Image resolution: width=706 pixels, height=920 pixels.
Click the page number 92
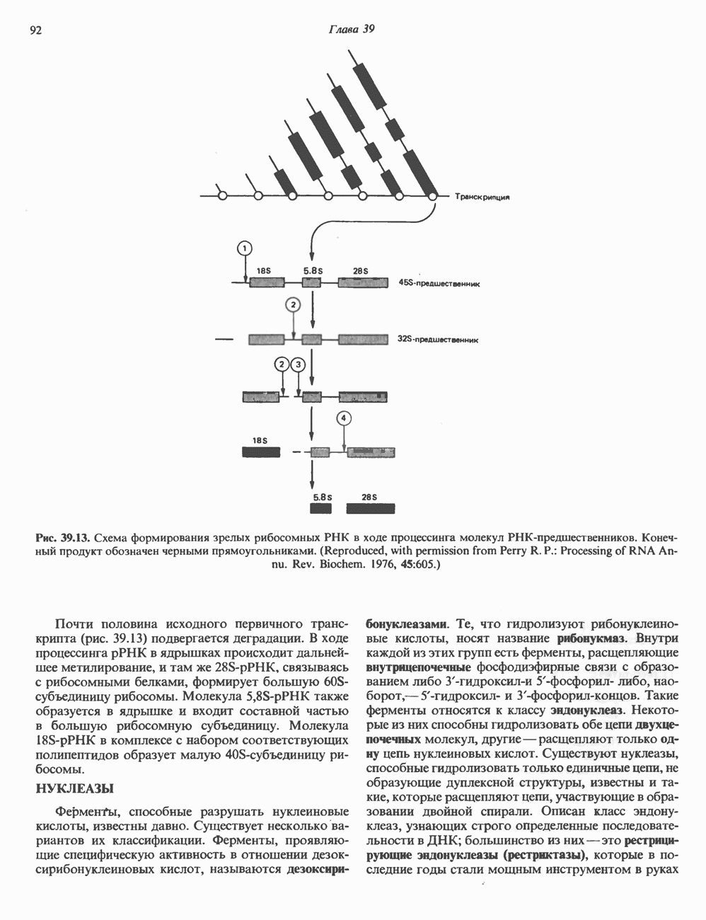pos(35,30)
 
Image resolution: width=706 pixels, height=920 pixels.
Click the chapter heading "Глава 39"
pos(352,29)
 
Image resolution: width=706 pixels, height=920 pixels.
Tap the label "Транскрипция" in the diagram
pos(483,197)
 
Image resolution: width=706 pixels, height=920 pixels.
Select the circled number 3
pos(299,364)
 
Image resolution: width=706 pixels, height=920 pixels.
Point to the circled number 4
pos(344,418)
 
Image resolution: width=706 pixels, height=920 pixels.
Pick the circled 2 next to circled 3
pos(282,364)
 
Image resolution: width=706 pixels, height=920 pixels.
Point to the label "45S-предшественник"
pos(439,284)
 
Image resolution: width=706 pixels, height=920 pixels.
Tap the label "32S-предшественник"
pos(437,340)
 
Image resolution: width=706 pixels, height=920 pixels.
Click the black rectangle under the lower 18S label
pos(261,452)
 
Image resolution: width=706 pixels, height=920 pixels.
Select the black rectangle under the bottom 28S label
pos(370,508)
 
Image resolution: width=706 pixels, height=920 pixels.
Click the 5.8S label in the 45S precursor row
pos(313,270)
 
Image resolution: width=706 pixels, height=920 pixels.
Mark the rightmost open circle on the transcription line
pos(434,196)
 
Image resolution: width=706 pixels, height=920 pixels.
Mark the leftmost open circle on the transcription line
pos(222,196)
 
